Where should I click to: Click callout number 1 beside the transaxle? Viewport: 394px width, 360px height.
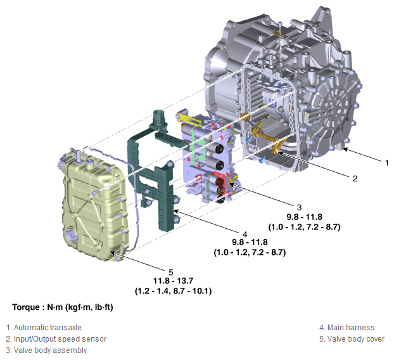(387, 163)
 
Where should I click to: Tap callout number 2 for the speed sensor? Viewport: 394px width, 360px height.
(355, 179)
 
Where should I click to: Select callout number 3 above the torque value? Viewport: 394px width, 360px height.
(299, 207)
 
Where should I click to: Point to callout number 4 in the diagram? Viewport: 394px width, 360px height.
(245, 235)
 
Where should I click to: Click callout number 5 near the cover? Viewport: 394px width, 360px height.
(171, 273)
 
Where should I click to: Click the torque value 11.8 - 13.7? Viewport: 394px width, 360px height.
(173, 281)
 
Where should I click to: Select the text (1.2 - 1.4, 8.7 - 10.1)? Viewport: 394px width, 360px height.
(173, 291)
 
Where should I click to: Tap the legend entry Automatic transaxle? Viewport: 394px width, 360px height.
(44, 328)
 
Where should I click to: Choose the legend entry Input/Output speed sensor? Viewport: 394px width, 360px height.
(56, 339)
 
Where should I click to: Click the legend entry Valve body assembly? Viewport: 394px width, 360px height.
(46, 350)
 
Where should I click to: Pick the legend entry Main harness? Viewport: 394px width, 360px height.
(347, 328)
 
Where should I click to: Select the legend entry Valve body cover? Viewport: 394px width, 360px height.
(352, 339)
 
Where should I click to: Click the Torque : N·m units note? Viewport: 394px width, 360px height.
(63, 307)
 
